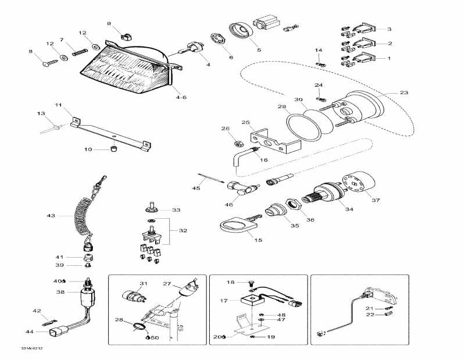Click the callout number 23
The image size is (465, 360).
click(x=404, y=92)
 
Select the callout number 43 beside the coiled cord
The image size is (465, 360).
click(x=51, y=216)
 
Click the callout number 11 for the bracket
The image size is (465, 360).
click(x=58, y=105)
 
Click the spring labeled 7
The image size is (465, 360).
click(x=78, y=51)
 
